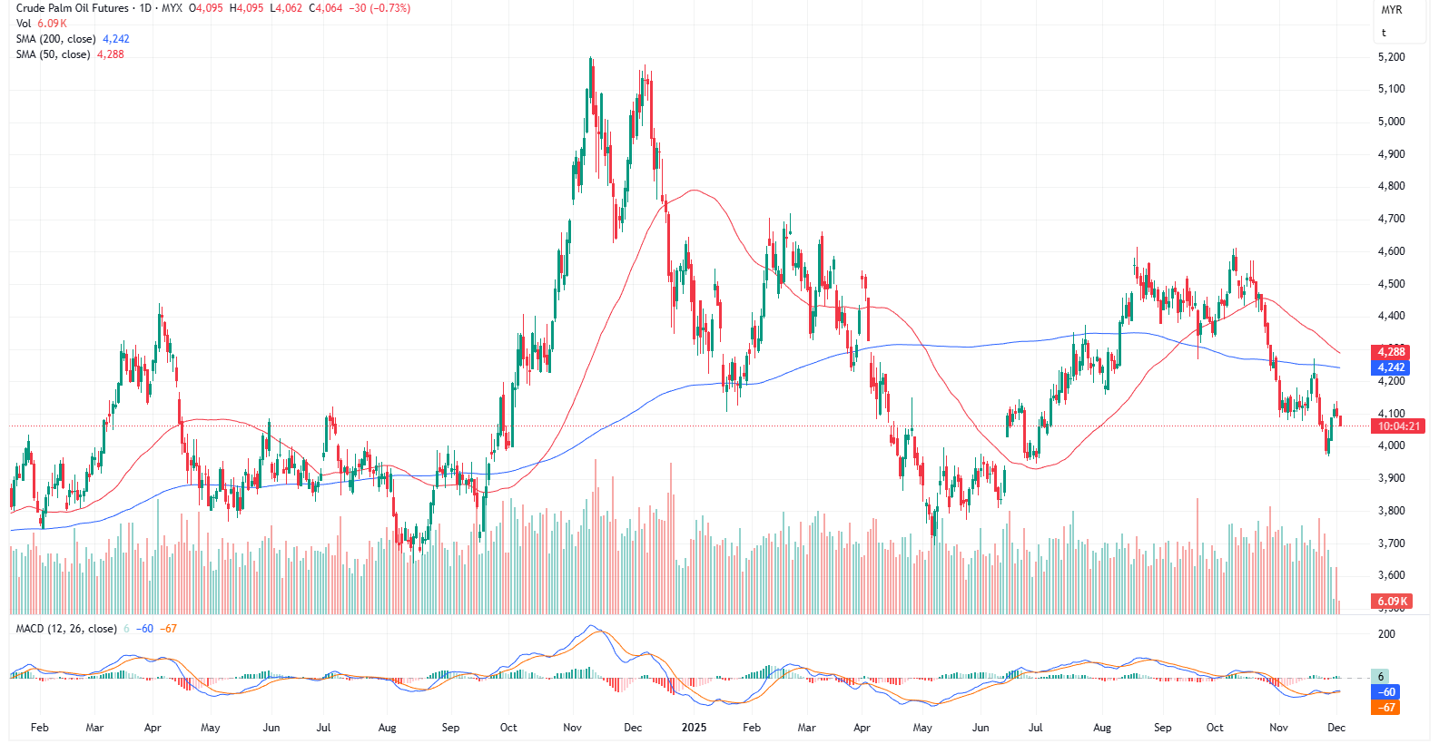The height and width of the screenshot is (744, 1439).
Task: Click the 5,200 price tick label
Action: point(1391,57)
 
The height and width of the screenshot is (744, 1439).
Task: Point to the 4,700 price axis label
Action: point(1391,219)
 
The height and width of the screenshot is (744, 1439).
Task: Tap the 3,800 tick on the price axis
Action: point(1391,511)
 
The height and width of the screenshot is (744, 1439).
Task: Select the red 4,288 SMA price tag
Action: point(1390,352)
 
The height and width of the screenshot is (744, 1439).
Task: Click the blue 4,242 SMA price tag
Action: point(1390,367)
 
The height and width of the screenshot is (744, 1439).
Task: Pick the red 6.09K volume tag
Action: point(1392,601)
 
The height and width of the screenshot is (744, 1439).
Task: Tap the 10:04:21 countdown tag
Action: point(1397,426)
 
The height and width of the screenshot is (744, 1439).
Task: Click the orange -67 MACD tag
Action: point(1385,708)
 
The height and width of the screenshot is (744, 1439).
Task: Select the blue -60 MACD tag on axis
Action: point(1385,692)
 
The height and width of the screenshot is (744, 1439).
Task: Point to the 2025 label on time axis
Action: point(694,728)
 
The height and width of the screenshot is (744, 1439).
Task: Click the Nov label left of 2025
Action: point(572,728)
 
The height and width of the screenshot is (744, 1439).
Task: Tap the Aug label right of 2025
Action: point(1101,728)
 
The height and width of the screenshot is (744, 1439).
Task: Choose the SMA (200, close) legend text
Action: point(55,39)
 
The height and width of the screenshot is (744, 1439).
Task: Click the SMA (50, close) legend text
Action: point(53,54)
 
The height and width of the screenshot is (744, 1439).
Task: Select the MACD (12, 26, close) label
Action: point(66,629)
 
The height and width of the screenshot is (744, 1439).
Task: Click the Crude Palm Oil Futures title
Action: point(73,8)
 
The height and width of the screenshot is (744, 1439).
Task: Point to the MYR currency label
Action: point(1391,10)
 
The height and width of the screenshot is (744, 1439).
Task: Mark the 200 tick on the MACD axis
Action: point(1386,634)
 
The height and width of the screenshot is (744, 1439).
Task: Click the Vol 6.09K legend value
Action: point(52,24)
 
